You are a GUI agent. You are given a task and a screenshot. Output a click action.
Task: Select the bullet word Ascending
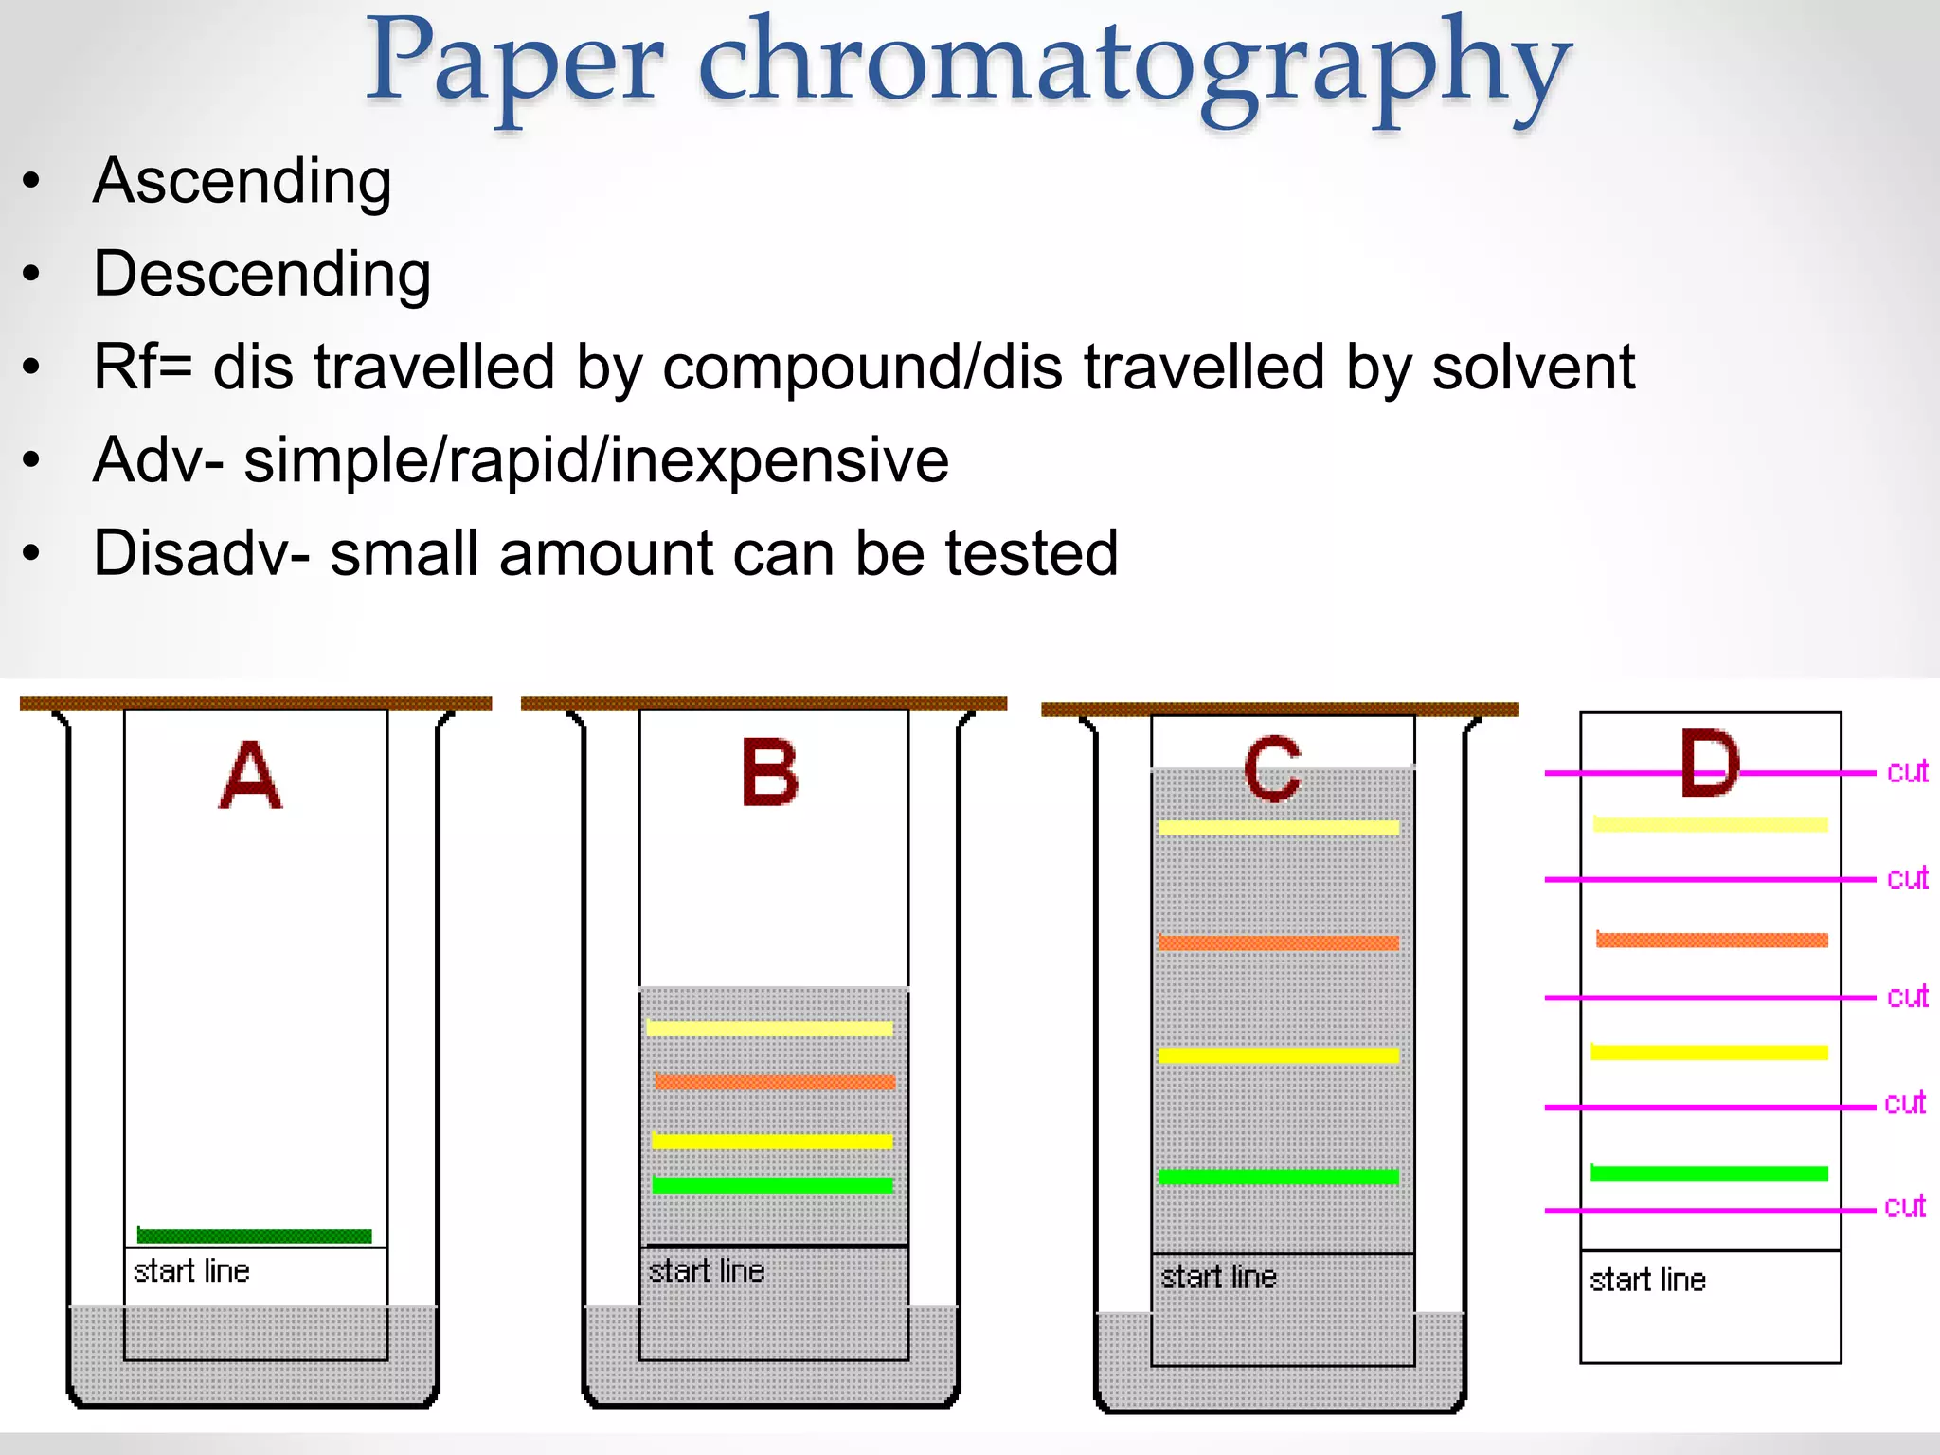(x=242, y=181)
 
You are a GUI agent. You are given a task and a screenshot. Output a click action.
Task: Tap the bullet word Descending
(x=262, y=275)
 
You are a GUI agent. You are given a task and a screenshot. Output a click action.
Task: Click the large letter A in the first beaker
(x=250, y=776)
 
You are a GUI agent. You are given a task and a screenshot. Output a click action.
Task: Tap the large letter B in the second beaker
(x=769, y=774)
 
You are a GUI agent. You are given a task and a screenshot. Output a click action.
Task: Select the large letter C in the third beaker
(x=1272, y=770)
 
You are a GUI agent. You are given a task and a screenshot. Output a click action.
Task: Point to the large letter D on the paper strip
(x=1709, y=763)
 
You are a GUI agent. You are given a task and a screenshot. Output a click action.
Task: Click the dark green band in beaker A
(x=254, y=1235)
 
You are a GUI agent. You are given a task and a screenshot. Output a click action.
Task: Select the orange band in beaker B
(x=774, y=1082)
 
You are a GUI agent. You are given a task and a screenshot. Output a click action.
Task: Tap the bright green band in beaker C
(x=1278, y=1177)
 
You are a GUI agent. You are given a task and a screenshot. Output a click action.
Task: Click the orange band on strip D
(x=1712, y=940)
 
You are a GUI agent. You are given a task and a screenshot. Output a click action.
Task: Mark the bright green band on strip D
(x=1709, y=1174)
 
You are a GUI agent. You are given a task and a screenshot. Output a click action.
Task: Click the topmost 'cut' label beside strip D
(x=1907, y=772)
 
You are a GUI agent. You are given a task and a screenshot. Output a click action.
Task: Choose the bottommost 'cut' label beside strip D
(x=1904, y=1207)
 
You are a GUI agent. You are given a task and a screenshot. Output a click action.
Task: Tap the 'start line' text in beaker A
(x=191, y=1271)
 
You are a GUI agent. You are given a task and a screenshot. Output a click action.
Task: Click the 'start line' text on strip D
(x=1647, y=1281)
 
